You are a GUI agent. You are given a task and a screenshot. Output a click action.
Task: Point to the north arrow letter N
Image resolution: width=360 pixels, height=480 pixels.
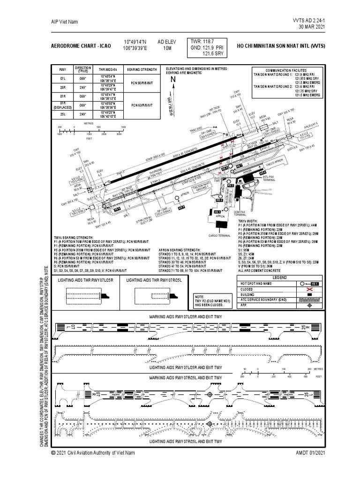pyautogui.click(x=172, y=80)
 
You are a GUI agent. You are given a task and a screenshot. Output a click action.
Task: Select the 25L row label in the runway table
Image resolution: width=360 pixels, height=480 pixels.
pyautogui.click(x=62, y=114)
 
